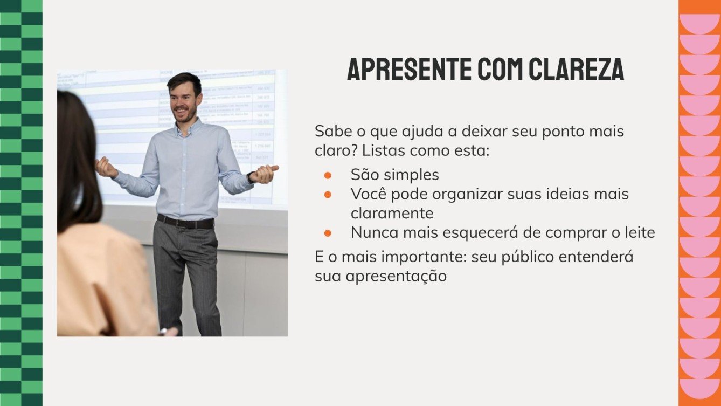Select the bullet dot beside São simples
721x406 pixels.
(327, 175)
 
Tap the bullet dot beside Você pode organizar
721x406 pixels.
(327, 194)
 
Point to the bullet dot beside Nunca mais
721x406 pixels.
(327, 233)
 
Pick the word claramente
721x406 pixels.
(392, 213)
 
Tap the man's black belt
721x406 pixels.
(185, 222)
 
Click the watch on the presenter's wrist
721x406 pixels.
(251, 177)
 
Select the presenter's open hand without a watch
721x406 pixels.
(105, 167)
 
